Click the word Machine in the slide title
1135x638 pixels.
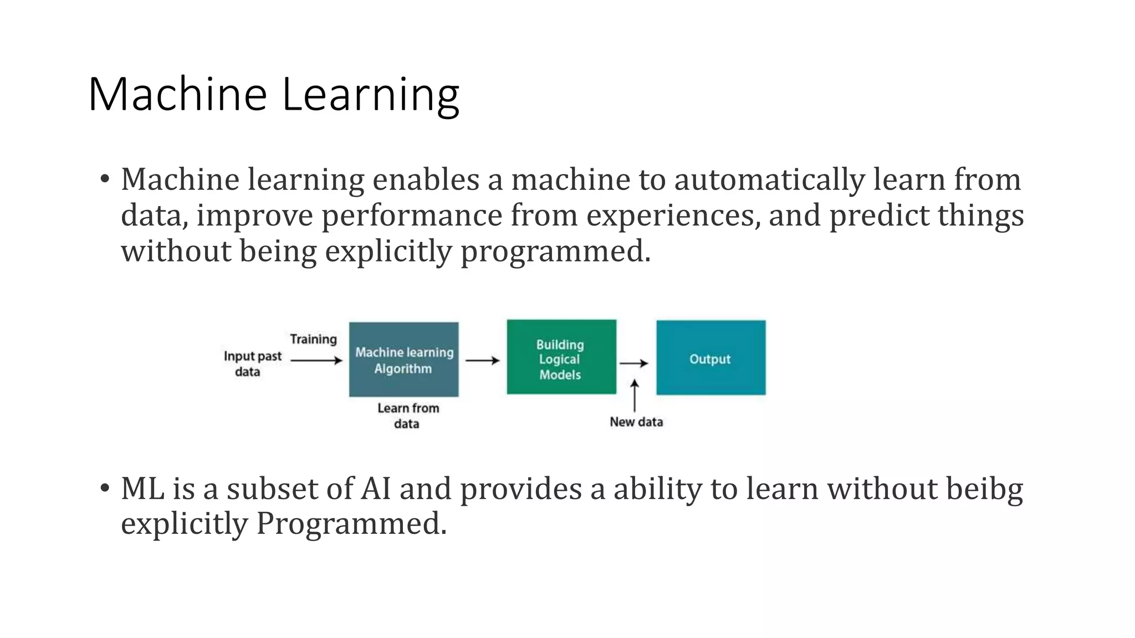[178, 94]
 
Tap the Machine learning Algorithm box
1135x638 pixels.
[403, 360]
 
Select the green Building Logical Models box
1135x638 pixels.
[561, 357]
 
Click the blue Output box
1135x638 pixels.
[710, 358]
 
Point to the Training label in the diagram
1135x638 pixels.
[313, 339]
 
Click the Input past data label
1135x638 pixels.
[252, 364]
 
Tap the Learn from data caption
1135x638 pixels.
[408, 416]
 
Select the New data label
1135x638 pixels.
[636, 422]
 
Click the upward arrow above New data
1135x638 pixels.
[635, 395]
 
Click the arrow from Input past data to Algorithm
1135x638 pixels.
[316, 361]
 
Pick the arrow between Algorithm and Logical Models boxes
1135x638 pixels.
[482, 361]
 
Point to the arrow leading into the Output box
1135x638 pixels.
[633, 363]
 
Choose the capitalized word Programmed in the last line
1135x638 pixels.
[350, 523]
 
